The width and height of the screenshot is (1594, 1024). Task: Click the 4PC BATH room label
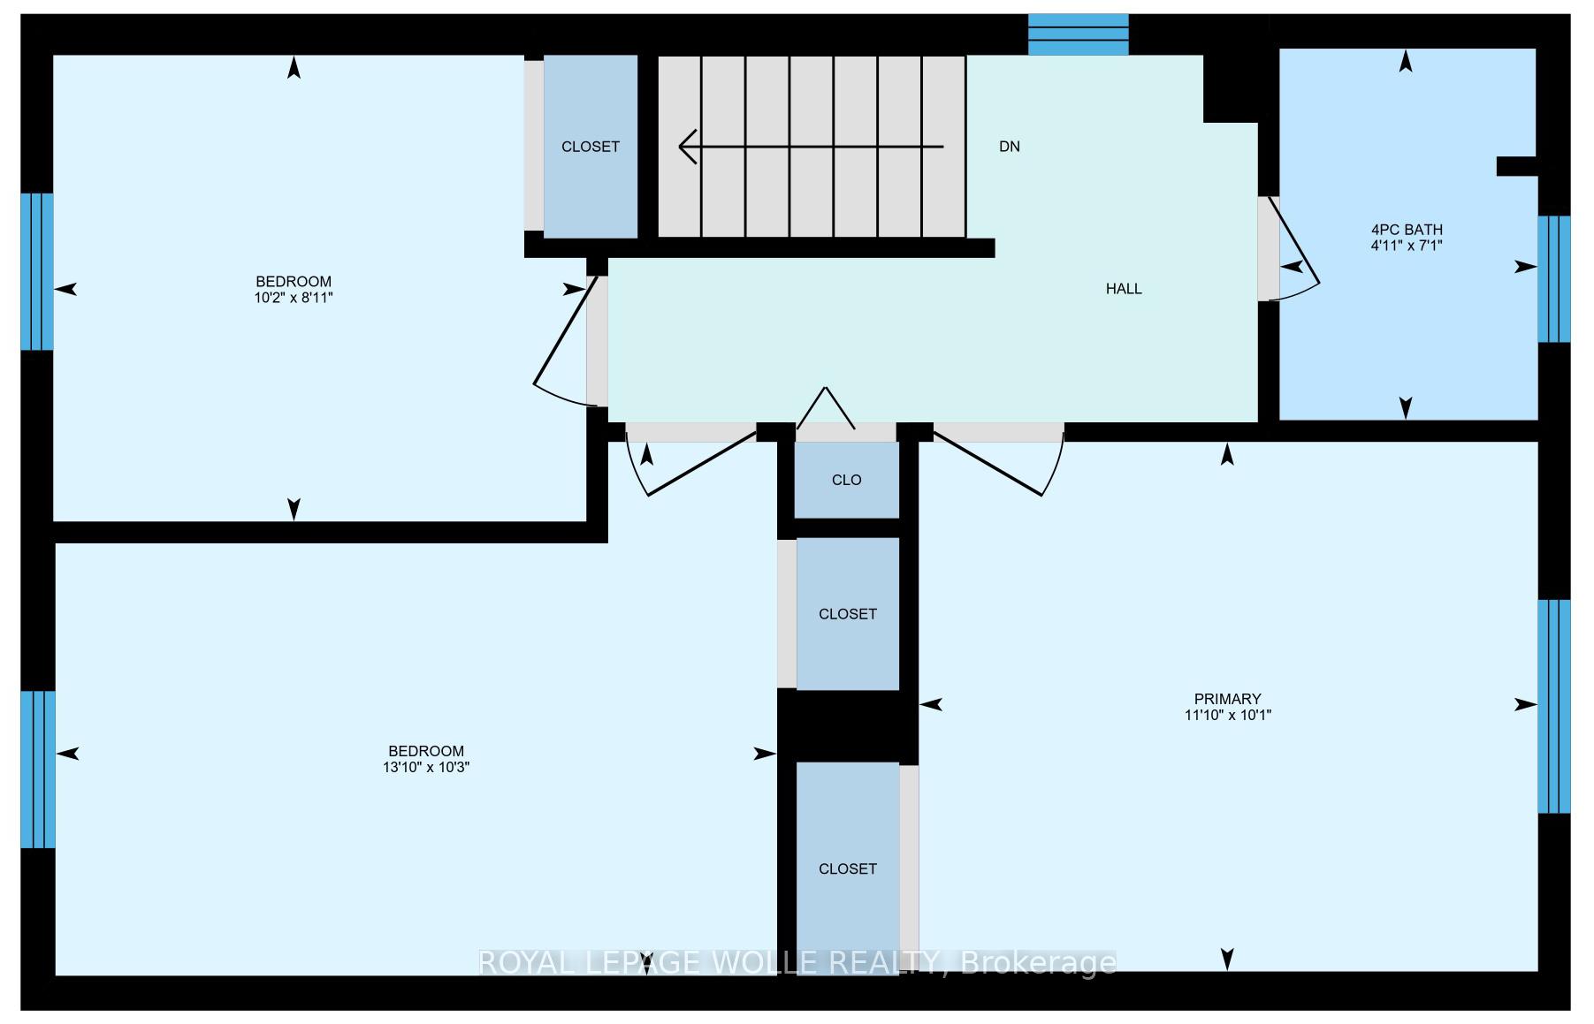tap(1407, 230)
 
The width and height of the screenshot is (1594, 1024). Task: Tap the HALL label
tap(1124, 289)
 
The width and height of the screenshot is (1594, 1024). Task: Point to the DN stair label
tap(1010, 147)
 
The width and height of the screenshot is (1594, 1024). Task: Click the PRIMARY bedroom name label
tap(1227, 699)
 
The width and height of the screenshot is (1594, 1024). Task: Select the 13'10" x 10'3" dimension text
tap(426, 768)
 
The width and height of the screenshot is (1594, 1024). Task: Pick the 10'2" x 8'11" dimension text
tap(294, 298)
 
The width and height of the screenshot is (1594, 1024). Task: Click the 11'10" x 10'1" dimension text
tap(1228, 715)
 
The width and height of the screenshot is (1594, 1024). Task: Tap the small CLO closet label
tap(847, 481)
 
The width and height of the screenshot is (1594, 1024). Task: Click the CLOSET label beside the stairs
tap(591, 147)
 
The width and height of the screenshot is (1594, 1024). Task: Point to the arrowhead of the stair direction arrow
tap(687, 146)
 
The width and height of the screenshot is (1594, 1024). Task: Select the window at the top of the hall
tap(1079, 34)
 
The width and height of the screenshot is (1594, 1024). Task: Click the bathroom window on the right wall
tap(1553, 279)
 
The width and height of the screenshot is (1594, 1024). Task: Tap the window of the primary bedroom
tap(1553, 707)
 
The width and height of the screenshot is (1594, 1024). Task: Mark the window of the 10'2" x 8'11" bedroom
tap(37, 272)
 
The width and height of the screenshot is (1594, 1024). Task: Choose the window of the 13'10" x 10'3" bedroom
tap(38, 770)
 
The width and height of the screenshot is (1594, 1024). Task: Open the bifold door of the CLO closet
tap(826, 408)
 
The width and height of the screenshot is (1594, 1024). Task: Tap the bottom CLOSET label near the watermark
tap(848, 869)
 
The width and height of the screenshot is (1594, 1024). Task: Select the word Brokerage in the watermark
tap(1038, 962)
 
